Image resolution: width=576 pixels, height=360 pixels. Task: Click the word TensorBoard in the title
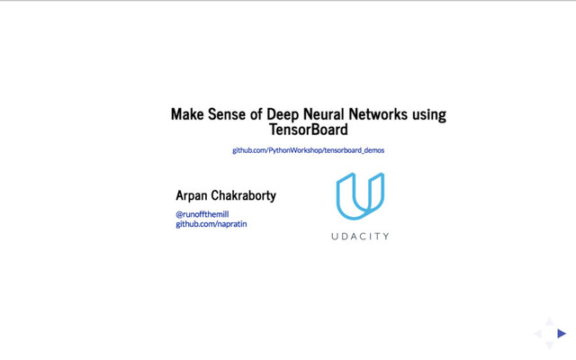(x=308, y=130)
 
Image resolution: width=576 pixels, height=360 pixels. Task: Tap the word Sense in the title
(x=224, y=115)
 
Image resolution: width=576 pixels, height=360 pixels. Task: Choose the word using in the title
(x=428, y=115)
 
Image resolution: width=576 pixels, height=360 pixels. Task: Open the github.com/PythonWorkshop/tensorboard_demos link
(x=308, y=150)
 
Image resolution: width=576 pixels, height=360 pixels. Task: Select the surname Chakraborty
(x=245, y=195)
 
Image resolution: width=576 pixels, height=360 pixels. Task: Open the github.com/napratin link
(x=211, y=224)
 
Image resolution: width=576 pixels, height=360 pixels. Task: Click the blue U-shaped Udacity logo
(x=360, y=196)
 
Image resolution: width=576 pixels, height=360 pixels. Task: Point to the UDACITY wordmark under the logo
(x=360, y=237)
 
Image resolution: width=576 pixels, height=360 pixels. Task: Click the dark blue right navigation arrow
(x=562, y=334)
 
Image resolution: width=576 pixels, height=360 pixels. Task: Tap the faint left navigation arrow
(x=538, y=334)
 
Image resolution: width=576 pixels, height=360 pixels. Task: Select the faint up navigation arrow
(x=550, y=322)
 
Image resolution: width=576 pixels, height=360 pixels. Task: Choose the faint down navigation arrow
(x=550, y=346)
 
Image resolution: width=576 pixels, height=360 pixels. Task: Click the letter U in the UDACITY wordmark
(x=335, y=237)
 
